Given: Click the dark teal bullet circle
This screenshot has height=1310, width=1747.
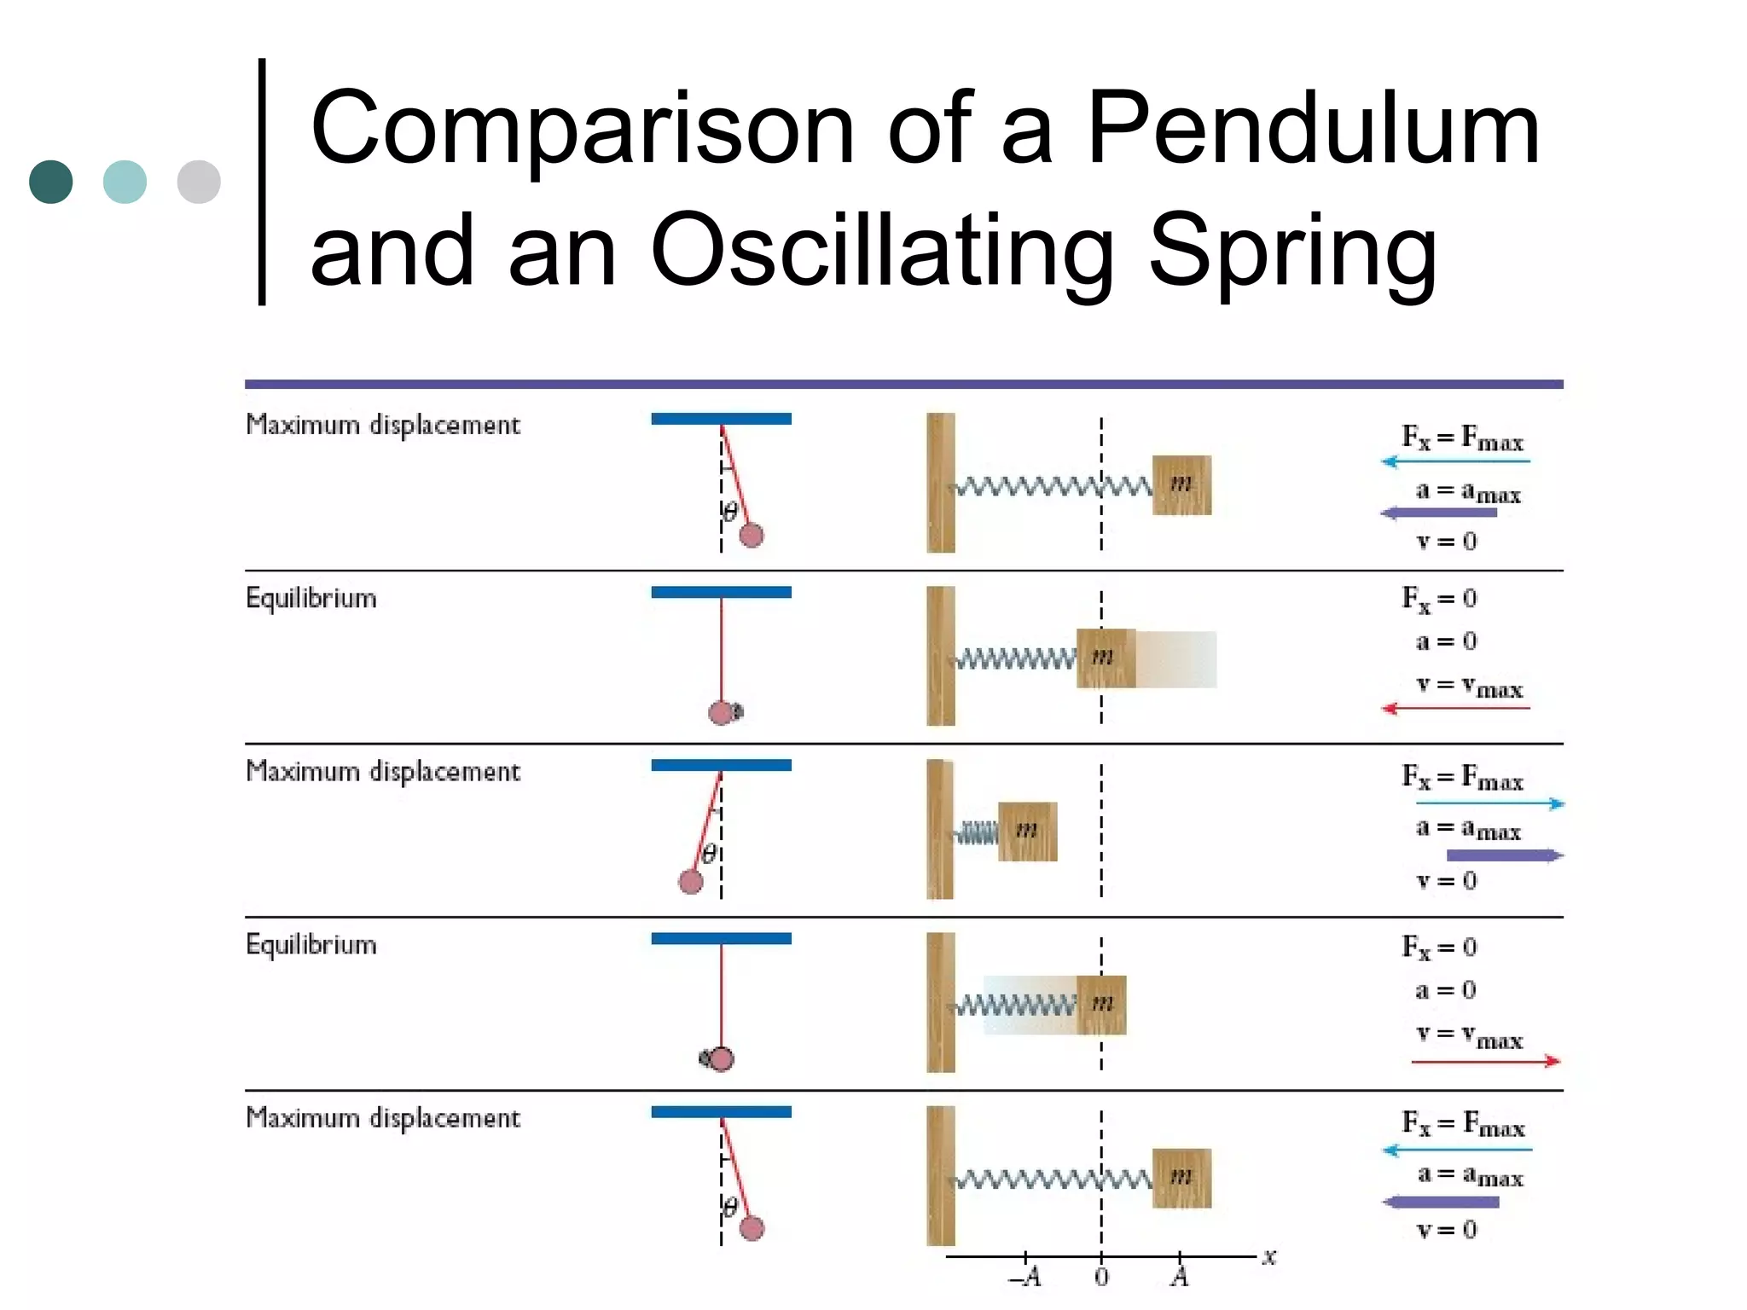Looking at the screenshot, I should point(51,182).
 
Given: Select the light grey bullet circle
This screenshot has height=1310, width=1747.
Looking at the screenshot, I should point(199,182).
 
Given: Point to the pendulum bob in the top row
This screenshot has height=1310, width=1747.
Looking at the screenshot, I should point(751,536).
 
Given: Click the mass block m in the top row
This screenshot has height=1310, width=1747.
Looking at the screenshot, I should point(1181,484).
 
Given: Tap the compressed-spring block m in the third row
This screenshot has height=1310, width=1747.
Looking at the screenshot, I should point(1027,831).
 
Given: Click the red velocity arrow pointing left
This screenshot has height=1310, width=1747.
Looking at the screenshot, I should point(1455,708).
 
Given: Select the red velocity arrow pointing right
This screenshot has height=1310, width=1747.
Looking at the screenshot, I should point(1485,1062).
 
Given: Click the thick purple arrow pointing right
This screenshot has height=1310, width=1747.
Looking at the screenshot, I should point(1505,855).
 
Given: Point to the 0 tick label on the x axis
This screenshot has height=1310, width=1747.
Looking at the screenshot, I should point(1101,1278).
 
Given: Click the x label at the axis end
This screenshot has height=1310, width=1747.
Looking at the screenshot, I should point(1269,1256).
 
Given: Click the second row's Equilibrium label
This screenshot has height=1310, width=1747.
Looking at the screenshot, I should point(311,598).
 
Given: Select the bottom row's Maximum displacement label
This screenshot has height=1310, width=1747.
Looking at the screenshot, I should point(382,1117).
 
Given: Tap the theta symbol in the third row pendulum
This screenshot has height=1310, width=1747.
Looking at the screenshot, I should point(709,853).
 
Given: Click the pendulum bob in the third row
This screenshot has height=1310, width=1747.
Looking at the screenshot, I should point(690,882).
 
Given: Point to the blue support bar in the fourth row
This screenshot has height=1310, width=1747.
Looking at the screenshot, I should point(721,938).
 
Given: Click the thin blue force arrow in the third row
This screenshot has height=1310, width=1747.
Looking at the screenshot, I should point(1489,803).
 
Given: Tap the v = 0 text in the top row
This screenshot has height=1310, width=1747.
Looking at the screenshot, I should point(1446,542).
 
